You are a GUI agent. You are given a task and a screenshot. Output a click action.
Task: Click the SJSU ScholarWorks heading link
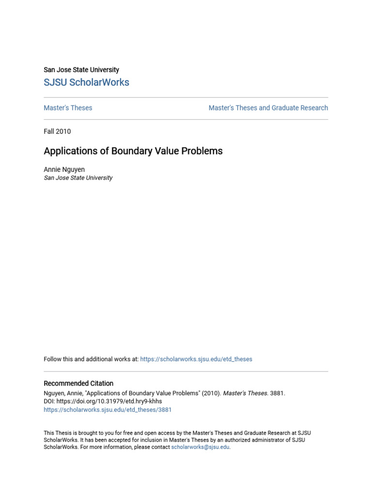pos(86,82)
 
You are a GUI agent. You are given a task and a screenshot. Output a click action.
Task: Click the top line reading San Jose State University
pos(81,70)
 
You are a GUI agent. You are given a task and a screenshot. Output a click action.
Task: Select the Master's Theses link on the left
pos(68,108)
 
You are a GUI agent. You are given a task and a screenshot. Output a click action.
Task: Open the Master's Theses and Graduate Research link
pos(268,108)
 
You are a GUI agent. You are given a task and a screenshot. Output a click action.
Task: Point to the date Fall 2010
pos(57,131)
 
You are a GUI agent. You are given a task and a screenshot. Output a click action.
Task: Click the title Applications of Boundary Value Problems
pos(133,151)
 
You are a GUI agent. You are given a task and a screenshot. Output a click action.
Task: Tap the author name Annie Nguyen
pos(64,170)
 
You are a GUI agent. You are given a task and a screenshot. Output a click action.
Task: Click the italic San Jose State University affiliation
pos(78,178)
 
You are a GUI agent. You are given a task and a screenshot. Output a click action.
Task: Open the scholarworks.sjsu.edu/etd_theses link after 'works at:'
pos(196,359)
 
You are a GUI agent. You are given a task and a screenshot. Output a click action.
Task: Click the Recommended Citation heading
pos(78,383)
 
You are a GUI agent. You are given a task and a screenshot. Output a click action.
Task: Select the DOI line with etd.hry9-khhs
pos(103,402)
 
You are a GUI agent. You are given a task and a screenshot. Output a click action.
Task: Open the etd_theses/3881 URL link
pos(108,410)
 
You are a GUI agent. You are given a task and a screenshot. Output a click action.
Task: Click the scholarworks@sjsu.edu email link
pos(200,447)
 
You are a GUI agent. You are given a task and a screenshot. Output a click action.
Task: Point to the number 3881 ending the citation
pos(277,393)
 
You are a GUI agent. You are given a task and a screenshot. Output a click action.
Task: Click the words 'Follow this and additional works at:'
pos(91,359)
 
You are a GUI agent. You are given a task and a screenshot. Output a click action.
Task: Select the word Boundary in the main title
pos(132,151)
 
